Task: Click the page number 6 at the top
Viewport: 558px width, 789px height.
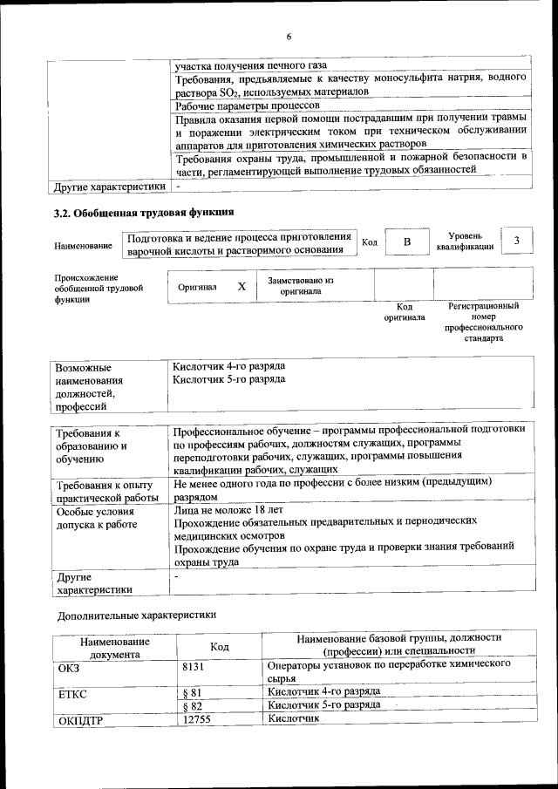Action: pos(289,36)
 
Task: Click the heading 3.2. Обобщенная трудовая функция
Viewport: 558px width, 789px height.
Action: pos(143,212)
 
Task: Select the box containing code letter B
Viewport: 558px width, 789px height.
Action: pos(406,241)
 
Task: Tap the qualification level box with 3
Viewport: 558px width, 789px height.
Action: pos(518,240)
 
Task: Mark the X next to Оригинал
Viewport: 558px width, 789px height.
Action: pos(242,286)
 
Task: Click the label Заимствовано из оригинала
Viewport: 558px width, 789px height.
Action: pos(301,286)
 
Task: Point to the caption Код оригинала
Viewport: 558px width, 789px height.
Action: pos(405,311)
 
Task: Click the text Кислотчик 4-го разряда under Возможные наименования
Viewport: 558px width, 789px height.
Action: pos(228,367)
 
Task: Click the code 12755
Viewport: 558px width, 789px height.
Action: pos(197,719)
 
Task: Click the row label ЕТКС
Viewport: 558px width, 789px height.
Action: pos(72,694)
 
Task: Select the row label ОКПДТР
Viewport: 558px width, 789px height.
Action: pos(79,720)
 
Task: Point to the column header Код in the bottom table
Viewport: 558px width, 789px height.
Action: pos(220,646)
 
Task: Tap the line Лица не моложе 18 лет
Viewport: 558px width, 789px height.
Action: pos(228,509)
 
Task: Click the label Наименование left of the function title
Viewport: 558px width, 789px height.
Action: pos(83,247)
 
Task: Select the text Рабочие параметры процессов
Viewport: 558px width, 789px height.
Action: pos(248,105)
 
